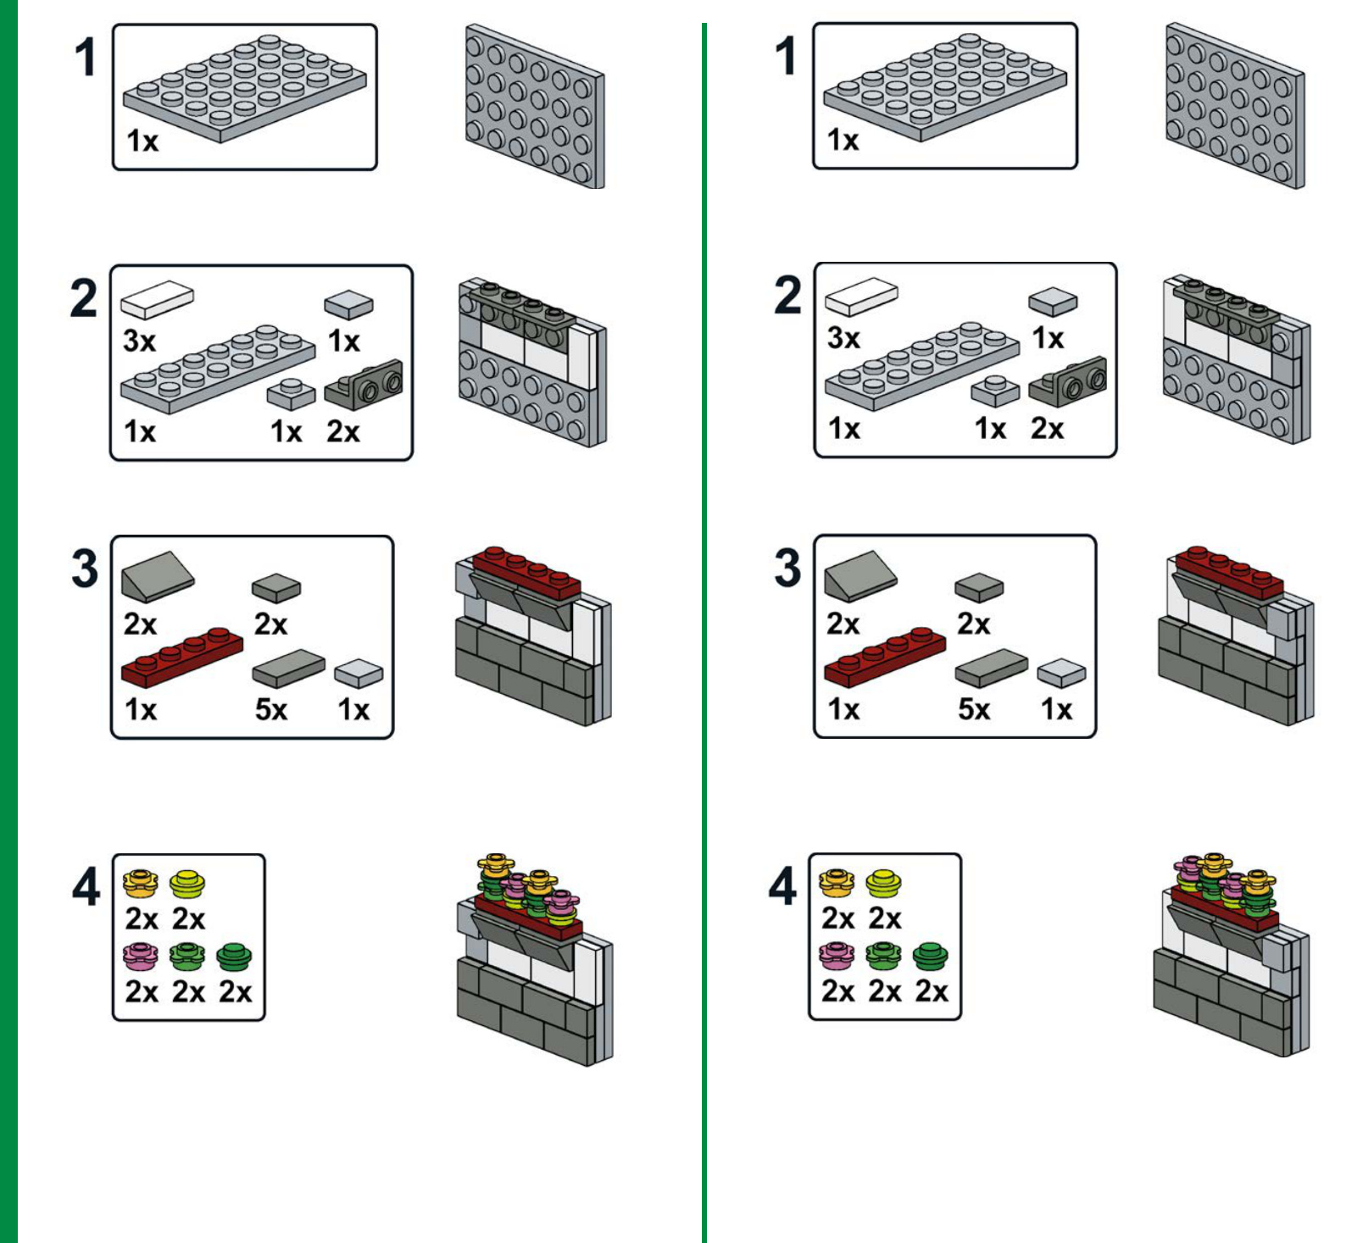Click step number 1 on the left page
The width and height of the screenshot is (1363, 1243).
[x=85, y=58]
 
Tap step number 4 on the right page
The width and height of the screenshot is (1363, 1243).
[x=782, y=887]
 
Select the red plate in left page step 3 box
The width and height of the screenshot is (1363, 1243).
[x=181, y=656]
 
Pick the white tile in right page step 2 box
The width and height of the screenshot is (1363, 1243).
[x=861, y=296]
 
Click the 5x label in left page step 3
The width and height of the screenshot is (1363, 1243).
[x=271, y=709]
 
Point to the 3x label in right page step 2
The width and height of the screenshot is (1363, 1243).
[x=843, y=338]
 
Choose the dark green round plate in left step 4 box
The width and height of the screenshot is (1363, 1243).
[x=234, y=957]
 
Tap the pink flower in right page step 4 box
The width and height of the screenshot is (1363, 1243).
[x=837, y=956]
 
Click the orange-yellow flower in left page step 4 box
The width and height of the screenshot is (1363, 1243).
[x=140, y=883]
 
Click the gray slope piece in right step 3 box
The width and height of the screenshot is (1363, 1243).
[x=860, y=575]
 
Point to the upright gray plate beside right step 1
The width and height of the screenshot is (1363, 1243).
[x=1234, y=106]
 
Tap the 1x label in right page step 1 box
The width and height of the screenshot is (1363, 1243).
[x=843, y=140]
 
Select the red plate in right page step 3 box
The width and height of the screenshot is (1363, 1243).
[x=884, y=656]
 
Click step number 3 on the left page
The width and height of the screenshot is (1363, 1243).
[x=85, y=569]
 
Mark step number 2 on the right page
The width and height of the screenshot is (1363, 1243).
[x=787, y=296]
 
